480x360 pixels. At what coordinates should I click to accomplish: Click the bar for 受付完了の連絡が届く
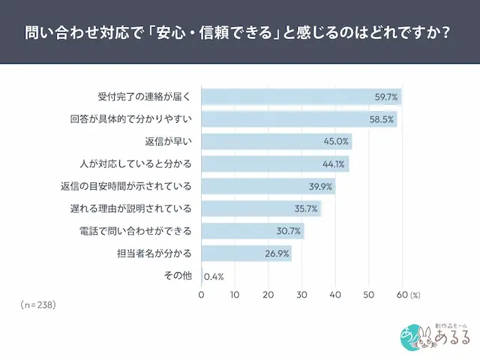pyautogui.click(x=300, y=97)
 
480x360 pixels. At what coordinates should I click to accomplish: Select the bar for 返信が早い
pyautogui.click(x=276, y=142)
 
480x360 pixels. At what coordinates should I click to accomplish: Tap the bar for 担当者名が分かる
pyautogui.click(x=246, y=253)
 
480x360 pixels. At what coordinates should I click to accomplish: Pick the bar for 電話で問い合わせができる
pyautogui.click(x=252, y=231)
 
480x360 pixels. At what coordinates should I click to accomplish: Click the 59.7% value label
pyautogui.click(x=386, y=97)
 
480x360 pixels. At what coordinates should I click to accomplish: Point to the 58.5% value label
pyautogui.click(x=382, y=119)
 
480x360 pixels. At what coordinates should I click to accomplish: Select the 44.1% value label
pyautogui.click(x=334, y=164)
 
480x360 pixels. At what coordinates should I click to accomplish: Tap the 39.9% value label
pyautogui.click(x=320, y=186)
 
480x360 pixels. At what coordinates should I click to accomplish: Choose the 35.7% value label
pyautogui.click(x=306, y=208)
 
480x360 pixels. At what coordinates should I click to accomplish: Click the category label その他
pyautogui.click(x=178, y=275)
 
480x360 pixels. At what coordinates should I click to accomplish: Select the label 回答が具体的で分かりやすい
pyautogui.click(x=131, y=119)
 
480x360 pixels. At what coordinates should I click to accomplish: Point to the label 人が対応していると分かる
pyautogui.click(x=136, y=163)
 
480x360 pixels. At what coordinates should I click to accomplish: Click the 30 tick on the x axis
pyautogui.click(x=301, y=295)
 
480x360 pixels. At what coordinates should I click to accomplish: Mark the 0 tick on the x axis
pyautogui.click(x=201, y=295)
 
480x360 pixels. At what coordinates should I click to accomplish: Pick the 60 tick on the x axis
pyautogui.click(x=402, y=295)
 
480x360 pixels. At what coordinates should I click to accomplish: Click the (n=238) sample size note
pyautogui.click(x=38, y=306)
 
